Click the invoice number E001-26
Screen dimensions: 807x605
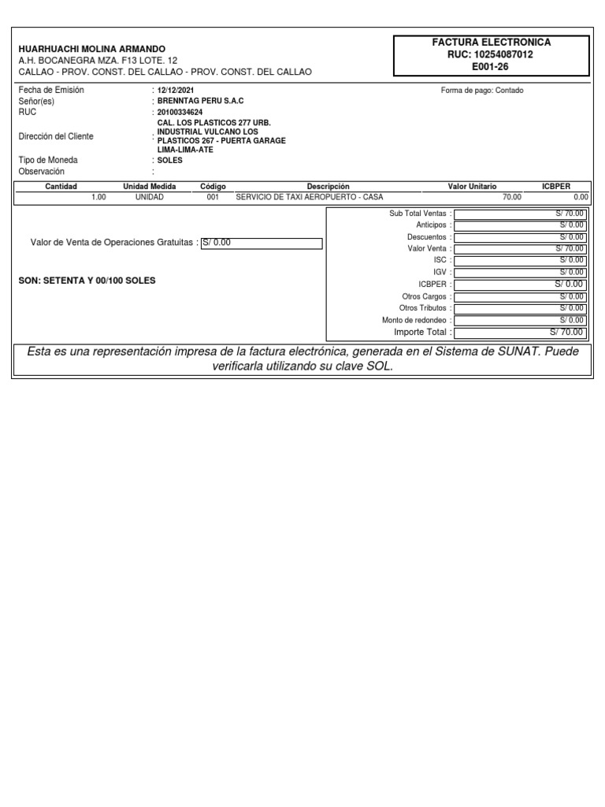tap(490, 67)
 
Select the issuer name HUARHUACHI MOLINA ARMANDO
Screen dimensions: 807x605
tap(92, 49)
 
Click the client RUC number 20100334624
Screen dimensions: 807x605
tap(180, 113)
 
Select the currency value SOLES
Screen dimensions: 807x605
tap(170, 160)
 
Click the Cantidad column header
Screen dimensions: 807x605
tap(61, 187)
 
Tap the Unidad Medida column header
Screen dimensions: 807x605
tap(150, 187)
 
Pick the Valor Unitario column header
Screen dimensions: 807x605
tap(473, 187)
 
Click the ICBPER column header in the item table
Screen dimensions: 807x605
tap(556, 187)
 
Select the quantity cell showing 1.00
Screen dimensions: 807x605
tap(98, 197)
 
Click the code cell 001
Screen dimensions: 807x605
tap(213, 197)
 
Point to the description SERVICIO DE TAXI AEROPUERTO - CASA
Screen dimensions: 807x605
tap(310, 197)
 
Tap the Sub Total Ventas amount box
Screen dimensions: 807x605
tap(520, 214)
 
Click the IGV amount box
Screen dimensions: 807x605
tap(520, 271)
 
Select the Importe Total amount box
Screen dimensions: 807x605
tap(520, 333)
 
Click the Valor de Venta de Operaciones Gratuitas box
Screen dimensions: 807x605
tap(262, 243)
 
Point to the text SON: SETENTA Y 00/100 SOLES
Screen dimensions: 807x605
tap(87, 281)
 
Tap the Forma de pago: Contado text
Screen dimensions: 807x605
tap(482, 91)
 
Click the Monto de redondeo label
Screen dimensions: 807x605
tap(416, 321)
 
